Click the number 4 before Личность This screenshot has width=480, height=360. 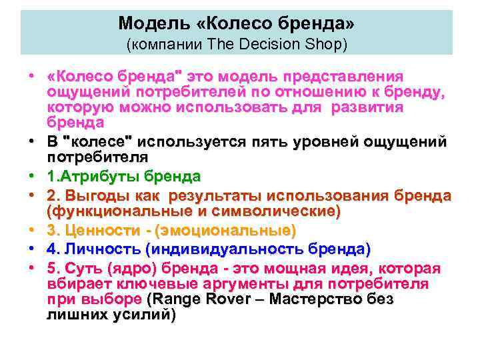coord(51,249)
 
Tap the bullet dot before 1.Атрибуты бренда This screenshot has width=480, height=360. coord(31,177)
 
